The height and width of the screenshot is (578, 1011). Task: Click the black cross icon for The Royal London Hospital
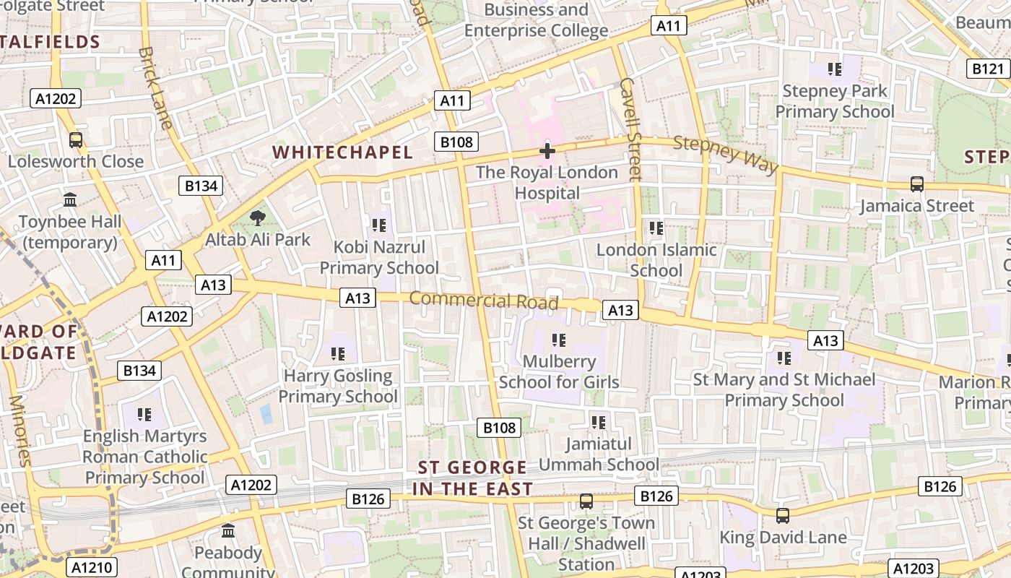[547, 151]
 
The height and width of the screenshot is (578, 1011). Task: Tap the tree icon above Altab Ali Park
[256, 218]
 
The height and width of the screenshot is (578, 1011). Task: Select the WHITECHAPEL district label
[343, 152]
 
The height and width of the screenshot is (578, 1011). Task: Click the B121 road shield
[987, 69]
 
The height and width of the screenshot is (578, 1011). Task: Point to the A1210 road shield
[92, 567]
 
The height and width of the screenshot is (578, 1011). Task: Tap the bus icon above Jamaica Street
[916, 184]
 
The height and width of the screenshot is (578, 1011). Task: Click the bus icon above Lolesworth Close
[75, 139]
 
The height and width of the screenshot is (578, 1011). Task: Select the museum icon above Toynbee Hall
[70, 199]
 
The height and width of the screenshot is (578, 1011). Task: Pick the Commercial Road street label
[484, 300]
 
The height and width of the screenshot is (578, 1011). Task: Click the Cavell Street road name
[630, 129]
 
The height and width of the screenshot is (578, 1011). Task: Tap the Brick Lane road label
[155, 88]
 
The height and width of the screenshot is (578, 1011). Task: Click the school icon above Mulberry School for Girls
[558, 340]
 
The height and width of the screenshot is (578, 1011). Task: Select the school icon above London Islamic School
[656, 228]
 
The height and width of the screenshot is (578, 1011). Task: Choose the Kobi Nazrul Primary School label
[379, 258]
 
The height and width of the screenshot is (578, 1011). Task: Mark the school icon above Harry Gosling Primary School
[337, 354]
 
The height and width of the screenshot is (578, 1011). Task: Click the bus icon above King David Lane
[782, 516]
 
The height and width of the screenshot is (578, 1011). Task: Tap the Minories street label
[19, 430]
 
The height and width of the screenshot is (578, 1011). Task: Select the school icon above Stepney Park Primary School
[834, 69]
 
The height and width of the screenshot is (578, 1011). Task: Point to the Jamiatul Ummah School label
[599, 454]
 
